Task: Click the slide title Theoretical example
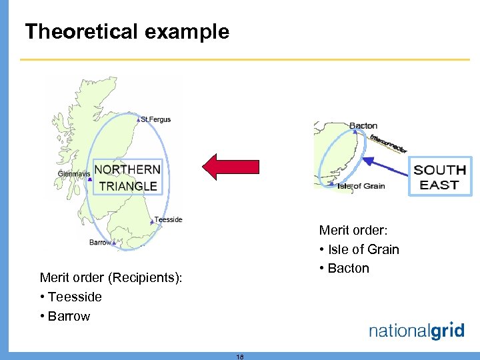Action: click(x=127, y=32)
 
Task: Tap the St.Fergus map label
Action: click(x=156, y=120)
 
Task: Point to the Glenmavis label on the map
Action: click(x=73, y=174)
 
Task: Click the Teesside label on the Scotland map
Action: click(x=168, y=220)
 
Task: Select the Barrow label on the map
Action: click(x=100, y=243)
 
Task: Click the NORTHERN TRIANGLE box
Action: click(x=127, y=177)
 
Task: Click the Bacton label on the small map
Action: click(x=363, y=126)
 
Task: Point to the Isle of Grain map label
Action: click(x=361, y=186)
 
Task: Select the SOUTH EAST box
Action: click(x=439, y=177)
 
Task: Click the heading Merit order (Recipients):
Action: click(x=111, y=277)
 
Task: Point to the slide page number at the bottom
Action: click(x=240, y=357)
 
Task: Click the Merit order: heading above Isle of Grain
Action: click(x=353, y=231)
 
